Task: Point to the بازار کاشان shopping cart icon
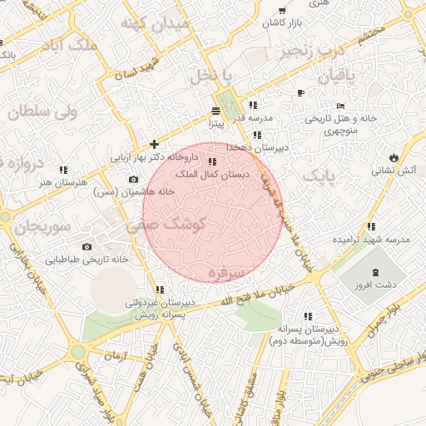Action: [x=283, y=11]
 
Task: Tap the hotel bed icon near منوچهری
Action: [x=339, y=106]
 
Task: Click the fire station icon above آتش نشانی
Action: [x=394, y=157]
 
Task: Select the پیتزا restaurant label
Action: [x=218, y=125]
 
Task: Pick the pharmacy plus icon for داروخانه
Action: [x=154, y=145]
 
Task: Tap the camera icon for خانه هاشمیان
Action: [x=133, y=180]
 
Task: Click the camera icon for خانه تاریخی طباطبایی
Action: [x=87, y=247]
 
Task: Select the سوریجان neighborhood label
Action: [x=37, y=225]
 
